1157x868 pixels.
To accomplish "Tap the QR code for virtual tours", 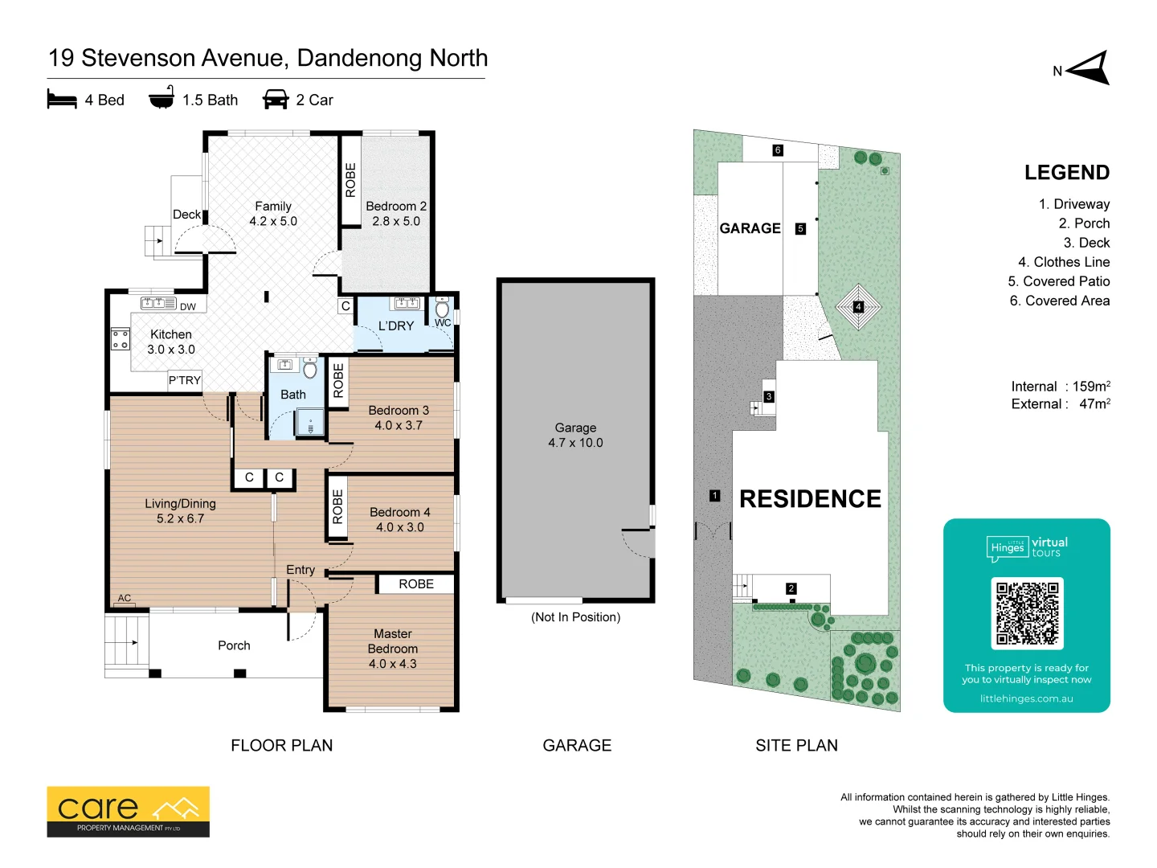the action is [x=1027, y=613].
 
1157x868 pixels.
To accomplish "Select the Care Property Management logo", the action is [x=128, y=812].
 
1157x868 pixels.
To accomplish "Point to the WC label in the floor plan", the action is [x=442, y=322].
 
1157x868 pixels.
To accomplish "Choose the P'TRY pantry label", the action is [x=185, y=380].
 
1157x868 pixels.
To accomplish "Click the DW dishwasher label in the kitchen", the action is [x=188, y=307].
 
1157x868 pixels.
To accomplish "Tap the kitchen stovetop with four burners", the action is [x=121, y=339].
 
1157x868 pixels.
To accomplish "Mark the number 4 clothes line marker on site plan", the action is [x=858, y=306].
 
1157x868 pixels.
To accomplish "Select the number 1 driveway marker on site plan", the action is [x=714, y=495].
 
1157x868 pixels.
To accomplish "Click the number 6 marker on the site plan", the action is [x=778, y=150].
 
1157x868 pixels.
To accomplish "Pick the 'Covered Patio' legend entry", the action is [x=1058, y=281].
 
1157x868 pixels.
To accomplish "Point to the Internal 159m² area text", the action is [x=1061, y=387].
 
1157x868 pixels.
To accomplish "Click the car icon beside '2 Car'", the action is [x=276, y=99].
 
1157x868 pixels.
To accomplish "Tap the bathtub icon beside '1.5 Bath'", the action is [x=161, y=97].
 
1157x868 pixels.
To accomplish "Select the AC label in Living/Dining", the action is [x=125, y=598].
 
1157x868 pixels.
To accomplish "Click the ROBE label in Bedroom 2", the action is [x=350, y=180].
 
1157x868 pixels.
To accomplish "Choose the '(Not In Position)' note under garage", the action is [x=575, y=617].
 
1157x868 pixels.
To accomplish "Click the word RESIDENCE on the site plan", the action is [x=810, y=498].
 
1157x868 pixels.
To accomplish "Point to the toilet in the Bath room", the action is [x=310, y=368].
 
